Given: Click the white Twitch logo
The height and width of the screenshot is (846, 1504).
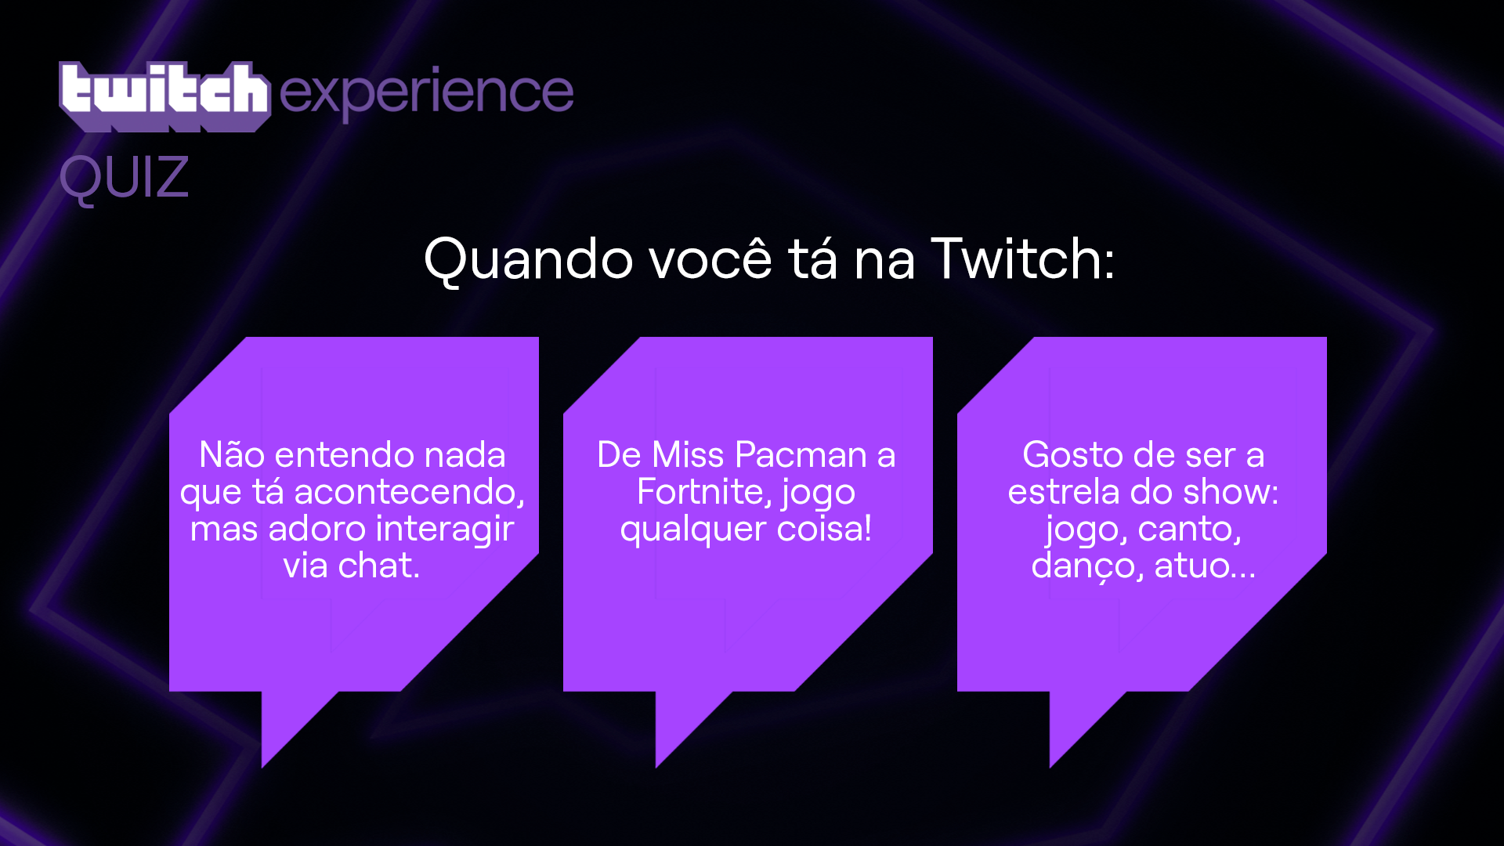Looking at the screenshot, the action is (x=164, y=96).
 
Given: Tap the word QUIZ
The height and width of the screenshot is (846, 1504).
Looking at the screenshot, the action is (x=125, y=178).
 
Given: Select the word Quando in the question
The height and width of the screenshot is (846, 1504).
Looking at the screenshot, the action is (x=529, y=258).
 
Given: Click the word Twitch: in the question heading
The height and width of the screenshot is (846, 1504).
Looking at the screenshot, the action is (x=1022, y=258).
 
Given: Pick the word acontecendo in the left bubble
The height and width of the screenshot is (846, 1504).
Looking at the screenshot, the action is (x=409, y=492).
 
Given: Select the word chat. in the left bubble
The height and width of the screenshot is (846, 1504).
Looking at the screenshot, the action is (x=379, y=566).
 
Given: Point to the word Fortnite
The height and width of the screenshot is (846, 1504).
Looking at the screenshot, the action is (x=703, y=492).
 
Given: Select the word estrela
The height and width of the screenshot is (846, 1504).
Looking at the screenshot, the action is (x=1064, y=492).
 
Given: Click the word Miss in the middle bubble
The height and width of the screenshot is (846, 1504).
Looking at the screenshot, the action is (x=689, y=454).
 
